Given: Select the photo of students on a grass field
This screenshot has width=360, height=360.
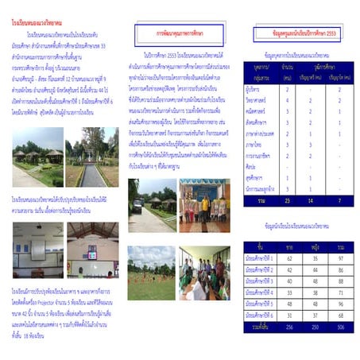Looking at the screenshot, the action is [x=152, y=262].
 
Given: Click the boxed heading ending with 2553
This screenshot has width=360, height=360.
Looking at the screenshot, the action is [x=300, y=33].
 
